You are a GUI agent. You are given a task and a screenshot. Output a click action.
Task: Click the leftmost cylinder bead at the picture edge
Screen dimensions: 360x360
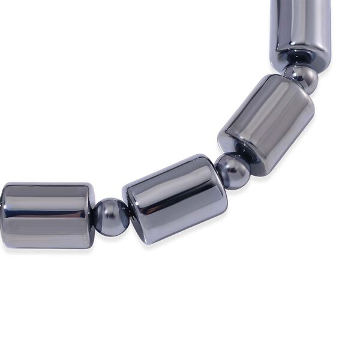45,215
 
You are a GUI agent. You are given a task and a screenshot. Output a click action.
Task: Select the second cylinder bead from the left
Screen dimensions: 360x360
175,198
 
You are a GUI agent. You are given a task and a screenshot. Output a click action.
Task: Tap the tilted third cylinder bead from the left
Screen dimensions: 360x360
266,124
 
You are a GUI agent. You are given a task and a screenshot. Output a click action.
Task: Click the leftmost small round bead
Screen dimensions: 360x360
110,217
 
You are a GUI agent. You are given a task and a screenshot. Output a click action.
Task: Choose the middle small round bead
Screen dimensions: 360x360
233,171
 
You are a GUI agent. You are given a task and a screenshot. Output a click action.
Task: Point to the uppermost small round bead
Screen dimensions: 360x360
301,77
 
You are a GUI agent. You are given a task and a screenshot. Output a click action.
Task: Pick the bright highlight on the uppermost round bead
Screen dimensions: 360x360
298,72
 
